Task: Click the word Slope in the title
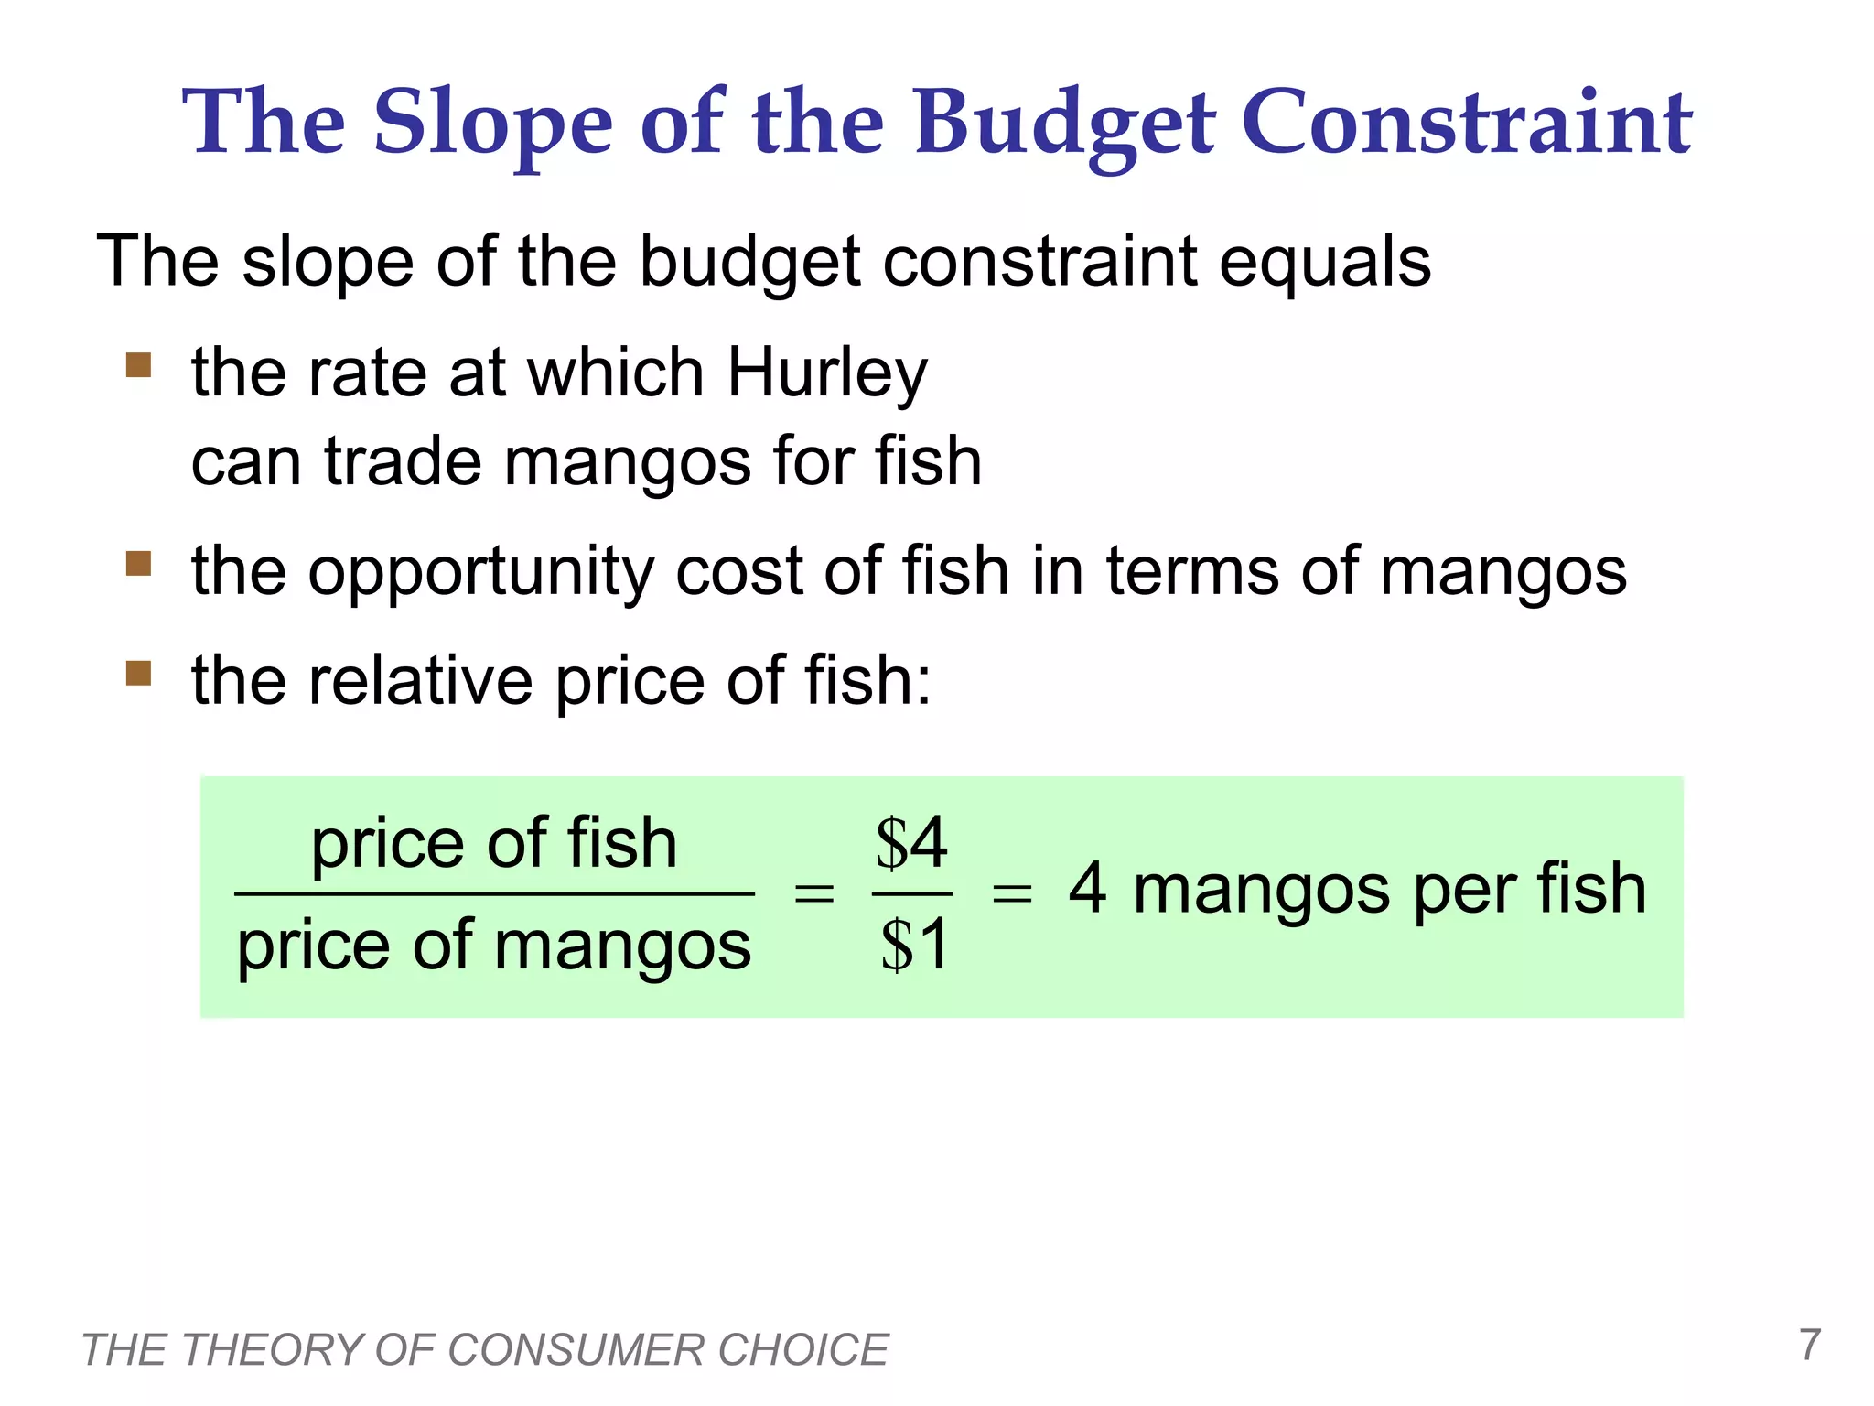[x=493, y=124]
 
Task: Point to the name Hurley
[x=827, y=374]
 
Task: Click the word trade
[x=402, y=461]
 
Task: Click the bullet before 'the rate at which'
[x=138, y=365]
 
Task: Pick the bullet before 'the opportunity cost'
[x=138, y=563]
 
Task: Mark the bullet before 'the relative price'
[x=138, y=673]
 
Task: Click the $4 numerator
[x=911, y=843]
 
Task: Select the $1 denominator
[x=914, y=946]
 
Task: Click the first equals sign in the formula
[x=813, y=892]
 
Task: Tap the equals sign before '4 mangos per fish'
[x=1012, y=892]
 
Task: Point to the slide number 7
[x=1809, y=1345]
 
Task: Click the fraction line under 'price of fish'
[x=494, y=894]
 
